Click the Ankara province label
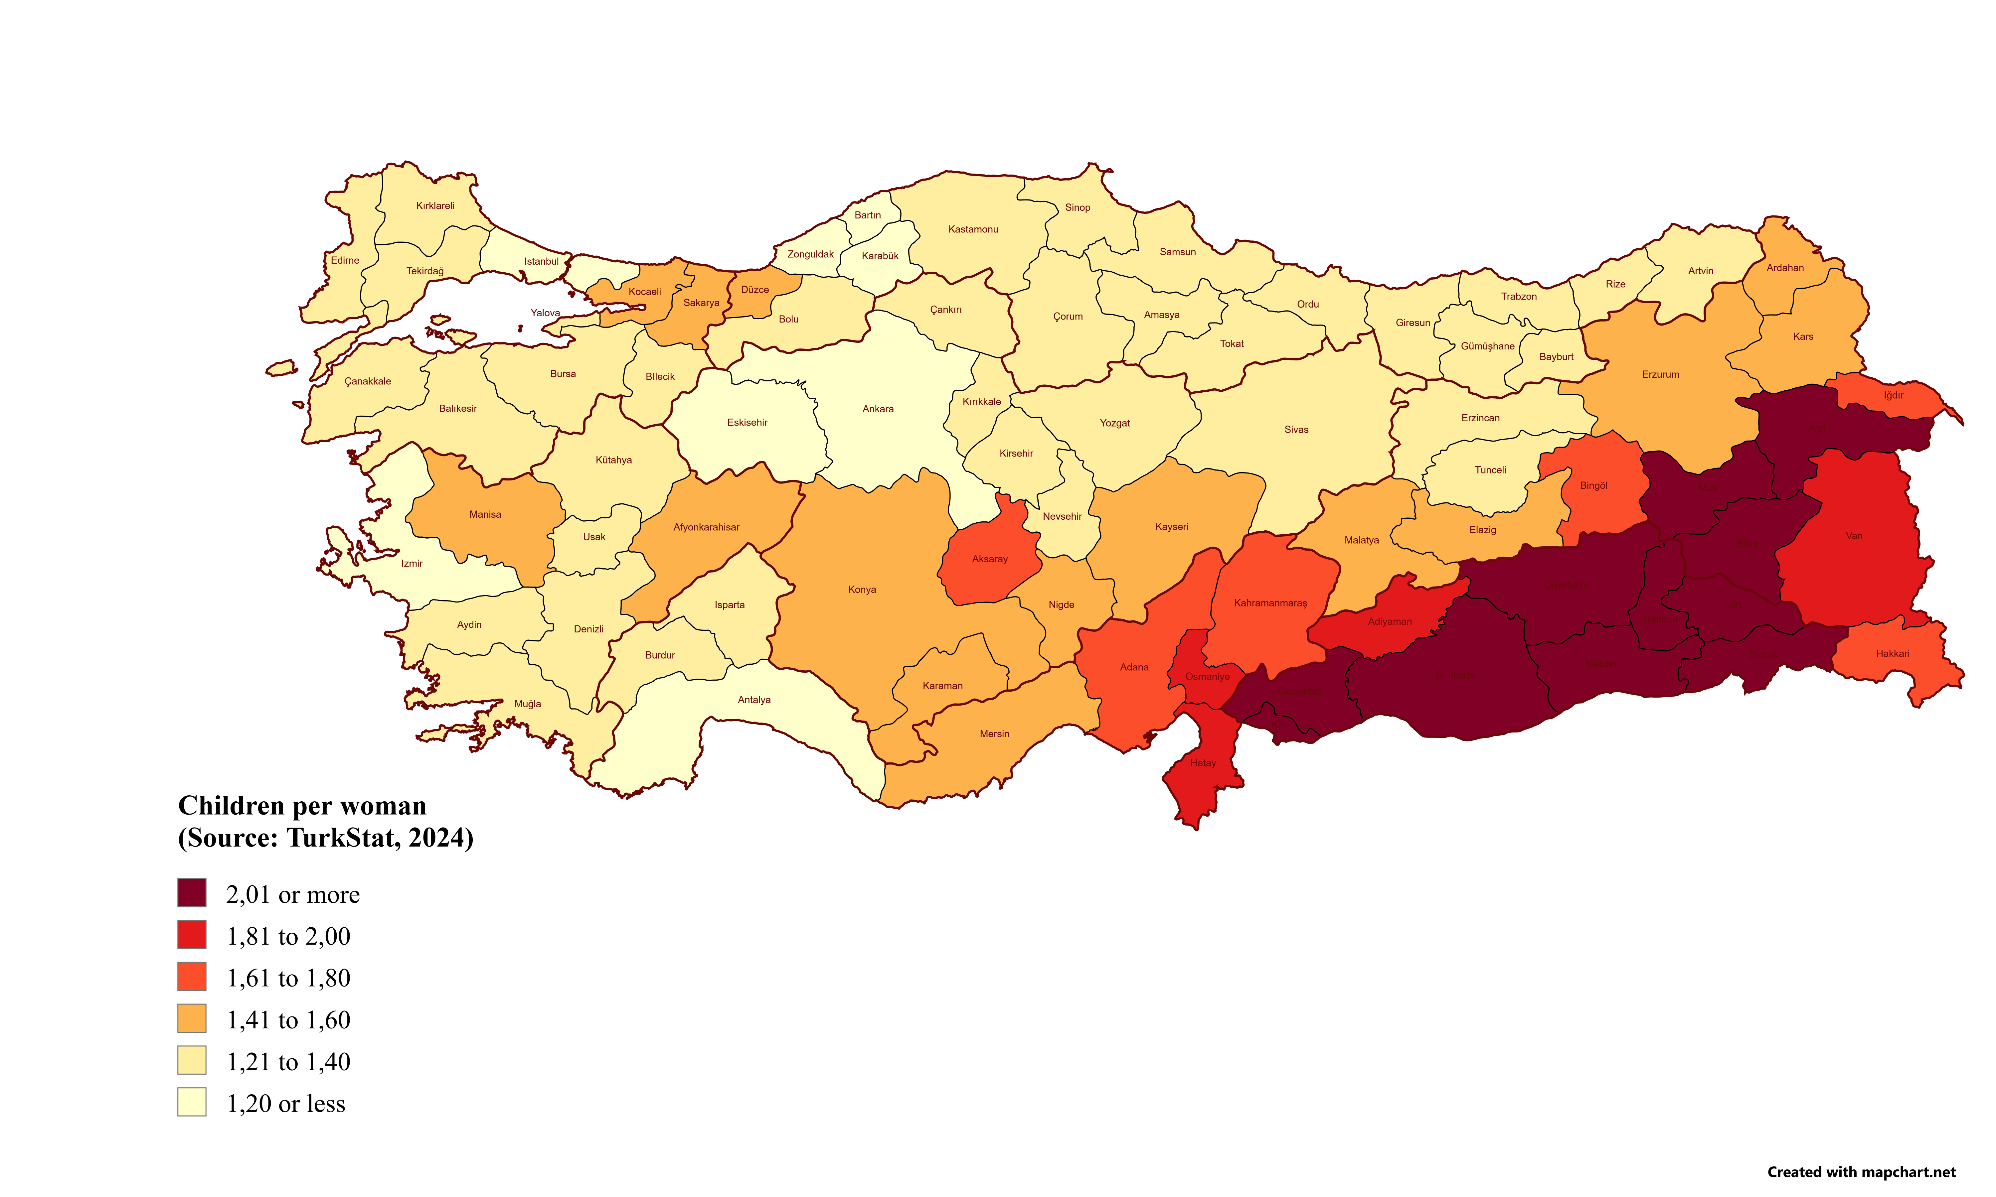click(x=878, y=409)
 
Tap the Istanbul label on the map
click(x=541, y=261)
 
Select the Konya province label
click(x=862, y=590)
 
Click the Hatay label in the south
click(x=1203, y=763)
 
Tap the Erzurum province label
click(x=1660, y=374)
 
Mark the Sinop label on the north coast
click(x=1077, y=207)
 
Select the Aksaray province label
click(x=990, y=559)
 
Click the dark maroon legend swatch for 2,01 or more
click(x=192, y=893)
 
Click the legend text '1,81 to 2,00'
click(x=288, y=936)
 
